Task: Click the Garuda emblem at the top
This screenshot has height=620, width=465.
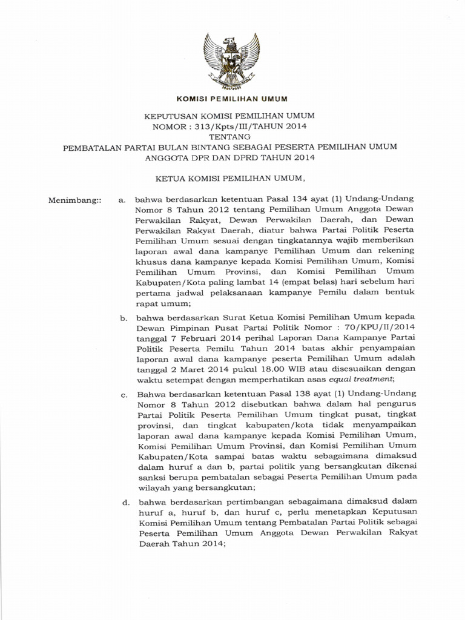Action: [x=232, y=60]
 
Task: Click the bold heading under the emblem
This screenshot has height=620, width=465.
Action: [x=231, y=99]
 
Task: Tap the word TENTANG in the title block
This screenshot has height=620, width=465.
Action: [x=231, y=136]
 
